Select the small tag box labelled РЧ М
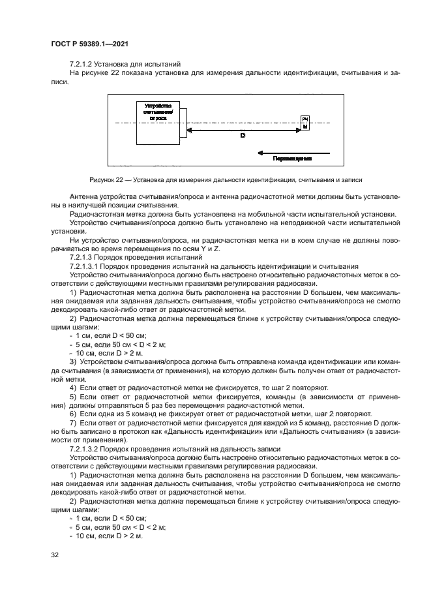click(304, 123)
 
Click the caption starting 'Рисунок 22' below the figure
click(216, 178)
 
